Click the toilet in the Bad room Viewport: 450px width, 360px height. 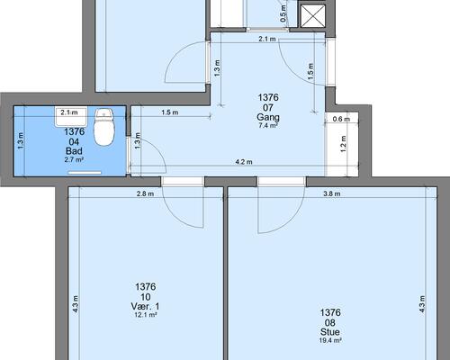coord(104,127)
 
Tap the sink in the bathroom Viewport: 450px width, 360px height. coord(71,116)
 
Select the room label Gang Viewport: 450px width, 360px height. coord(268,117)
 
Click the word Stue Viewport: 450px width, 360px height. coord(330,332)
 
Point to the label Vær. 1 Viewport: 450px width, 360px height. coord(145,306)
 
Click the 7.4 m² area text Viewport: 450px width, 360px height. coord(268,126)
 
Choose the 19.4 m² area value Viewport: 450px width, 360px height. coord(330,340)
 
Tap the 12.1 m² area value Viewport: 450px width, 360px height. coord(146,315)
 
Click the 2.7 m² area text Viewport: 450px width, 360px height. coord(74,159)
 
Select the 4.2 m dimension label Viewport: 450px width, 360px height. coord(244,162)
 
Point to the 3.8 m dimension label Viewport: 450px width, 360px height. coord(332,193)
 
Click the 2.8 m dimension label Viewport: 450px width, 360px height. coord(145,193)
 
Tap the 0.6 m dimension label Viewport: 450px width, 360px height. coord(341,119)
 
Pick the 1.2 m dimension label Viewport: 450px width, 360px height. coord(344,144)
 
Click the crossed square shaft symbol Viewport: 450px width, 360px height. coord(313,15)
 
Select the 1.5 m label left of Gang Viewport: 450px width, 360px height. coord(170,112)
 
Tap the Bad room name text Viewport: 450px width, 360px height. coord(74,151)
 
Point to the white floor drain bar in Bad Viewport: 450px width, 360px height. coord(85,173)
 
